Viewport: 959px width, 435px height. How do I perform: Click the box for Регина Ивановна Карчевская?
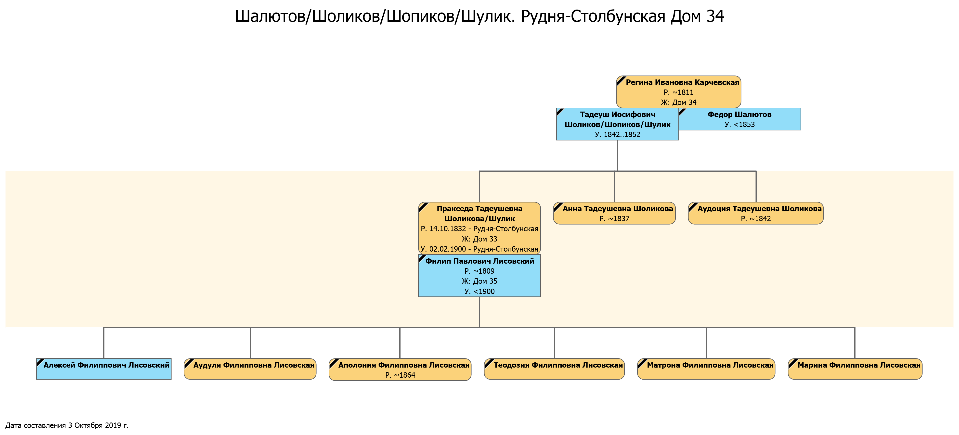(x=678, y=92)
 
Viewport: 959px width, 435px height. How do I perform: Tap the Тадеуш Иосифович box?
(x=618, y=124)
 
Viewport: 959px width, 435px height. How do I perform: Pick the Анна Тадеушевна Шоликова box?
(x=614, y=213)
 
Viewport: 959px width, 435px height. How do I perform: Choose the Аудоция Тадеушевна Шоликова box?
(x=756, y=213)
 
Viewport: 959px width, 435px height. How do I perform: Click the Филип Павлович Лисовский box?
(x=479, y=276)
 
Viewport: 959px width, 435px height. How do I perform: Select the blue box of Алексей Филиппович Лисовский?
(x=104, y=369)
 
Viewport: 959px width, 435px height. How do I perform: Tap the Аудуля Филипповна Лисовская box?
(x=250, y=369)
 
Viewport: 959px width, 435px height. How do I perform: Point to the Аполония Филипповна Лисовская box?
(x=400, y=370)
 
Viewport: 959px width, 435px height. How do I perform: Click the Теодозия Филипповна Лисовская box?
(x=554, y=369)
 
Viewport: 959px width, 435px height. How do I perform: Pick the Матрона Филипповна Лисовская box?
(x=706, y=369)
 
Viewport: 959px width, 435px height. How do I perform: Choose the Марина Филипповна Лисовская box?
(x=855, y=369)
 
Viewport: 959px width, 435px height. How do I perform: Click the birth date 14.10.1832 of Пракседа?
(x=447, y=229)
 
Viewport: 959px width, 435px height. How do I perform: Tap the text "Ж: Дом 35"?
(x=479, y=281)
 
